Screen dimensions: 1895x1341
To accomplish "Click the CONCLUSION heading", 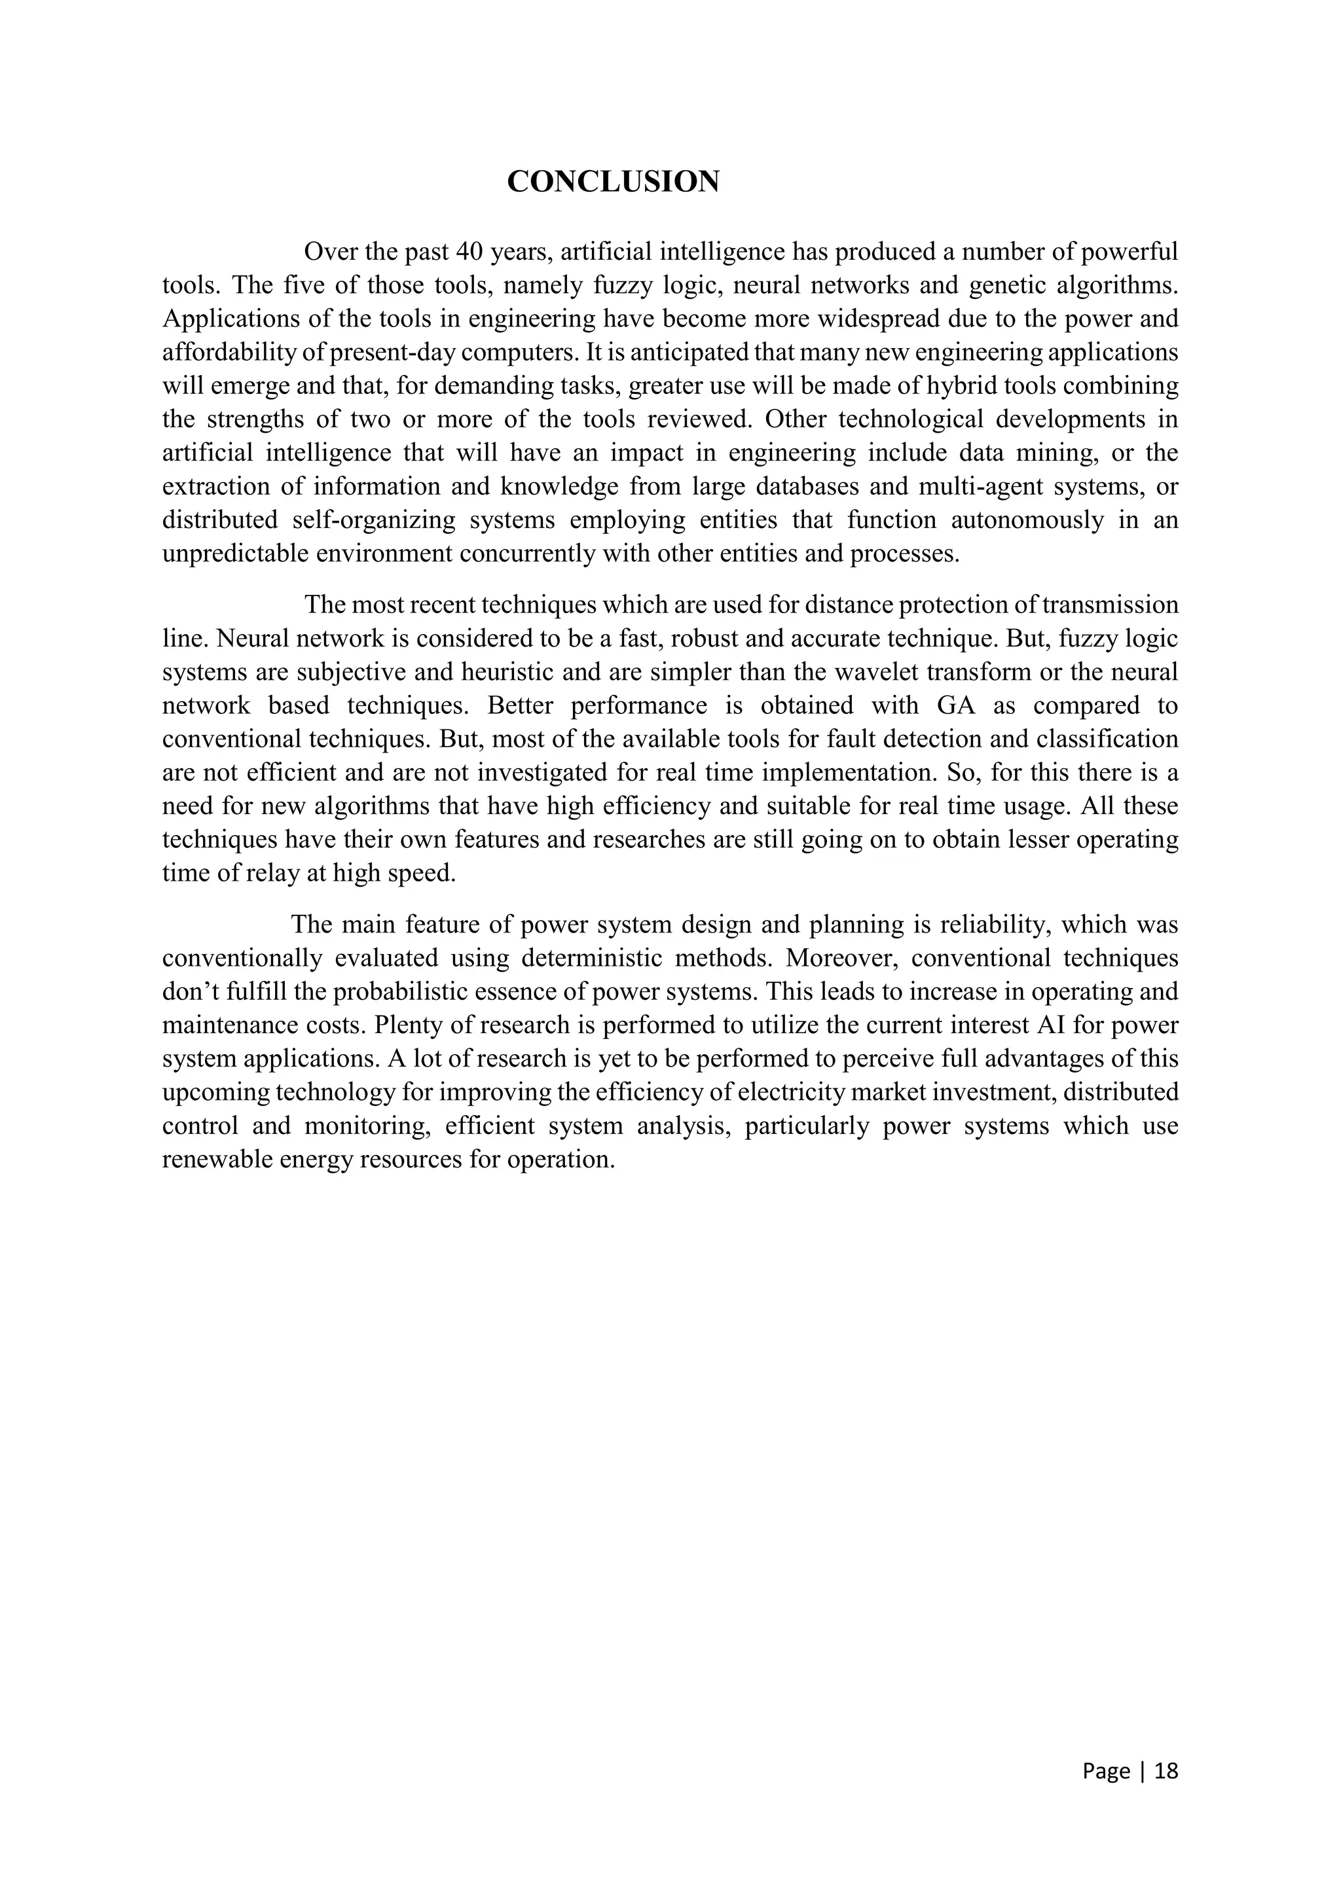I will point(613,181).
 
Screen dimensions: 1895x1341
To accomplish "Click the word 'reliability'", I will point(993,925).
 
